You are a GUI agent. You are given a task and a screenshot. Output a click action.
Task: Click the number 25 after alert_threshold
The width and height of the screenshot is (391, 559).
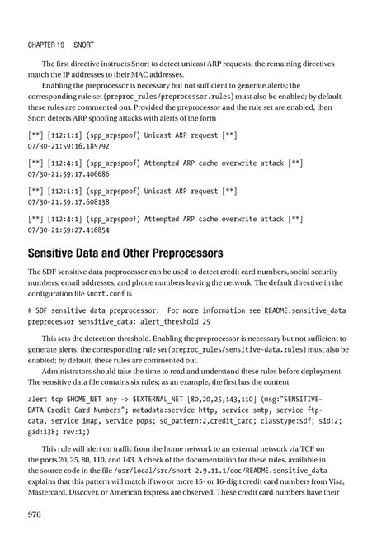[205, 320]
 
